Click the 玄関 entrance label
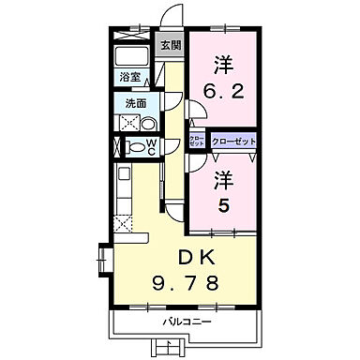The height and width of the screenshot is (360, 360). (169, 44)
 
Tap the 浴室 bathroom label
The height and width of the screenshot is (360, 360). (129, 77)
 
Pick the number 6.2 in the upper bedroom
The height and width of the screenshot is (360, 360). (222, 93)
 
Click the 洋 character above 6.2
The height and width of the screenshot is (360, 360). (222, 66)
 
